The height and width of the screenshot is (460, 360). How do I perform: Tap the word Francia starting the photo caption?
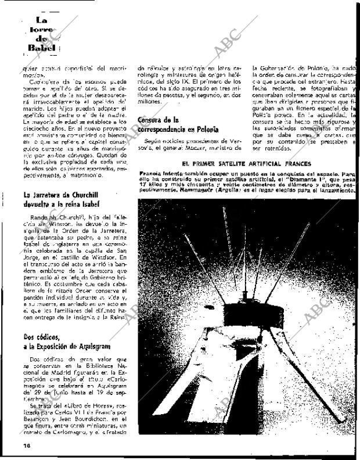(x=151, y=175)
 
